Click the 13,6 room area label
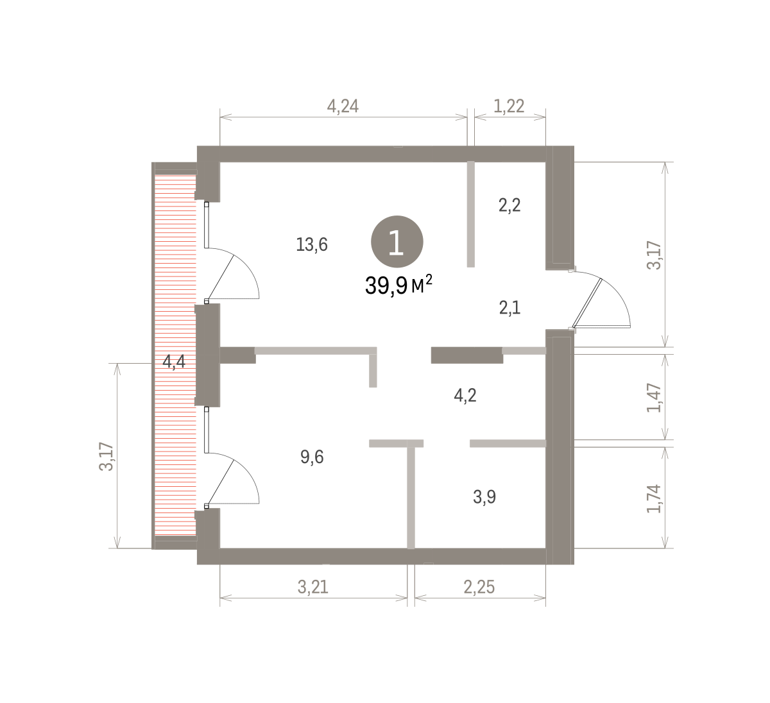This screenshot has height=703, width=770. (x=312, y=245)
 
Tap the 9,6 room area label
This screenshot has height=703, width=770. (x=312, y=457)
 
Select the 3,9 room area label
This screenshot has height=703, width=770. (x=484, y=497)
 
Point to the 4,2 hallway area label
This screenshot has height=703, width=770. (x=465, y=395)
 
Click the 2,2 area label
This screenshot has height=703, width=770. (x=509, y=205)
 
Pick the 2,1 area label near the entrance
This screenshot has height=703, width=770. (x=509, y=308)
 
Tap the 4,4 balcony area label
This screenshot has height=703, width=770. (x=174, y=362)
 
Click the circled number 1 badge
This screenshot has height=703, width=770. (x=397, y=242)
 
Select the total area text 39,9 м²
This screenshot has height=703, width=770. (x=398, y=285)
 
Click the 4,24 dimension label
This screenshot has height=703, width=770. (x=343, y=106)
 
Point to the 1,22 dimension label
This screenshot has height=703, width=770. (x=509, y=106)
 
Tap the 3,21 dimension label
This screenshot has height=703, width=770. (x=313, y=587)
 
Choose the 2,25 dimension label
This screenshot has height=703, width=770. (x=479, y=587)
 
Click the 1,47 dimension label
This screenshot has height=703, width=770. (x=654, y=398)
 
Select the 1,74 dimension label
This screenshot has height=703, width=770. (x=654, y=499)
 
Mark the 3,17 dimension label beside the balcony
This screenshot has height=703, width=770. (x=107, y=457)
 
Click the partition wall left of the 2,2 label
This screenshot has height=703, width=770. (x=470, y=214)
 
